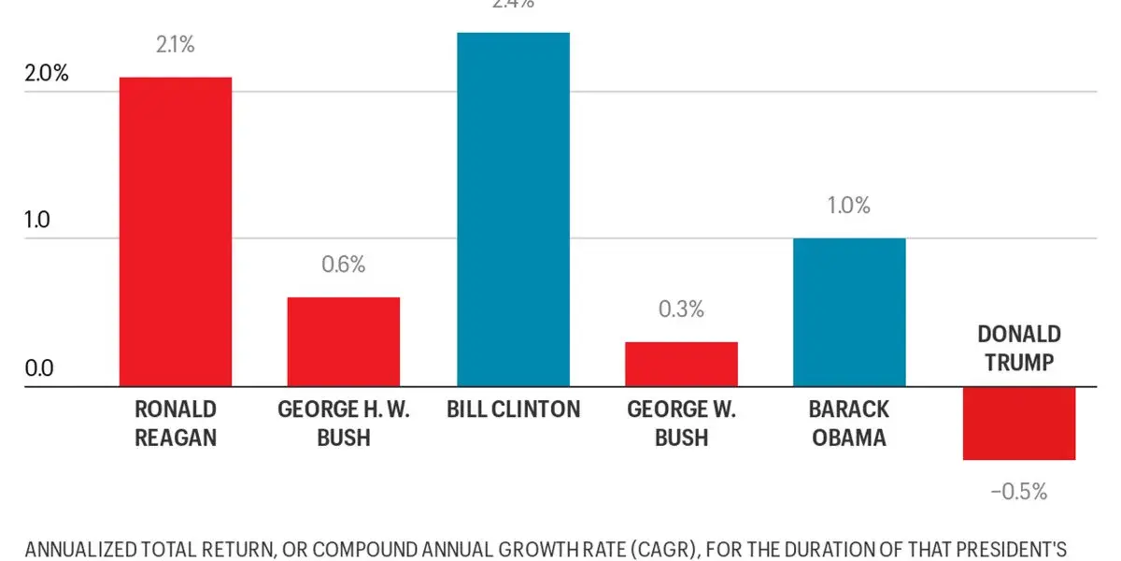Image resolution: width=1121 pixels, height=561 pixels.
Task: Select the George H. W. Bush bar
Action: coord(344,341)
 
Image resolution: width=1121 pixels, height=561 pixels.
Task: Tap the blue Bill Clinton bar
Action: coord(513,209)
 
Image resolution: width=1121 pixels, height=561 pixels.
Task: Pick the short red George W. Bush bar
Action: coord(681,364)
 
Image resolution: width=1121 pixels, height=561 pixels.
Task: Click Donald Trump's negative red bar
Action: coord(1019,423)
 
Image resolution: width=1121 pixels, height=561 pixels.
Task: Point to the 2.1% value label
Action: coord(176,45)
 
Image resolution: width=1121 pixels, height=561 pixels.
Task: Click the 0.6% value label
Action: coord(344,265)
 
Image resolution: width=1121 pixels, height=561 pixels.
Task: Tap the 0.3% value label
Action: coord(681,309)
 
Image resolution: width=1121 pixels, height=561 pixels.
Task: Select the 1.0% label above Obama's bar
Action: coord(849,206)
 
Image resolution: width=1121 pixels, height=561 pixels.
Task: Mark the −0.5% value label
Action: coord(1019,491)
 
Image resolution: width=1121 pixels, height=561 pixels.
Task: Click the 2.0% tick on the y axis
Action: coord(47,74)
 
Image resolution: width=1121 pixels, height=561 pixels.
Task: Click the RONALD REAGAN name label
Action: coord(176,424)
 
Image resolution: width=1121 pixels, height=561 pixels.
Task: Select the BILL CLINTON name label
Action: coord(513,410)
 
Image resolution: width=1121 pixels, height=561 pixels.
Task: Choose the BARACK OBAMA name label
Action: coord(849,424)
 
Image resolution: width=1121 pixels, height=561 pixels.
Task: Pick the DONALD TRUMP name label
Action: coord(1019,348)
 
